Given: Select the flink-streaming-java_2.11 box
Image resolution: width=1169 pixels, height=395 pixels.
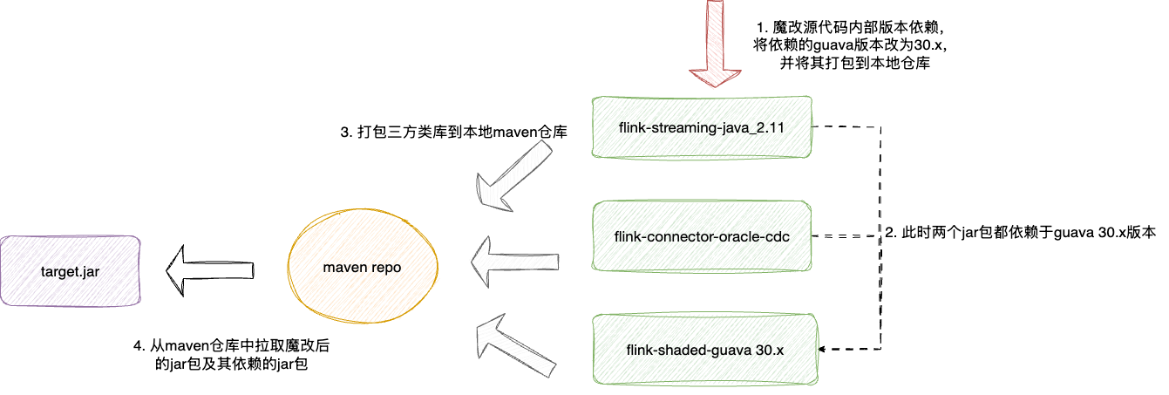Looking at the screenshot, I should tap(702, 127).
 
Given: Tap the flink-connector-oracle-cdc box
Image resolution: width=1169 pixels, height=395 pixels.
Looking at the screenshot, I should tap(702, 236).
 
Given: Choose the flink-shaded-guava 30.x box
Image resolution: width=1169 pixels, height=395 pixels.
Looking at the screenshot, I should tap(705, 350).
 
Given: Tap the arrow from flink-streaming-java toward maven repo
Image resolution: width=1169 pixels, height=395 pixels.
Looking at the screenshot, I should tap(514, 178).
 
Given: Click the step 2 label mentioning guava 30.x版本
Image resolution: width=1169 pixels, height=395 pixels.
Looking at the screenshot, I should tap(1020, 233).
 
